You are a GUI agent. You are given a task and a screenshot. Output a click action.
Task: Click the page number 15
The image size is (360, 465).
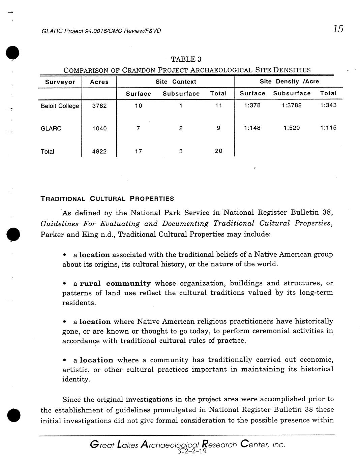click(338, 29)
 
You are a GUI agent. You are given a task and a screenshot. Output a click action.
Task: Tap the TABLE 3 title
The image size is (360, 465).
click(186, 60)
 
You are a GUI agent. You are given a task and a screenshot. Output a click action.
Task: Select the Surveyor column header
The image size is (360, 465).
click(60, 82)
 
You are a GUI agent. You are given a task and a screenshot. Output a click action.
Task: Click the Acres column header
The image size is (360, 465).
click(99, 82)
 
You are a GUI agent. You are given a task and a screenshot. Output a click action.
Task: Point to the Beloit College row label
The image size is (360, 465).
click(60, 106)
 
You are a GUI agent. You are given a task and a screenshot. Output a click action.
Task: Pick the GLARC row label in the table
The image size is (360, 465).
click(51, 129)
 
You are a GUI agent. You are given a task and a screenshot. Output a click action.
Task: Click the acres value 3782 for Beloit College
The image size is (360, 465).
click(99, 106)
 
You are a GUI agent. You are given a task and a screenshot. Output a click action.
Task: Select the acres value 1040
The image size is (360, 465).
click(99, 128)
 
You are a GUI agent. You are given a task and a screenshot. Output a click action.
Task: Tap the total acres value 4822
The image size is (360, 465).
click(99, 152)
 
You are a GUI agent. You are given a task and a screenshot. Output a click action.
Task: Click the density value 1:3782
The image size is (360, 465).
click(292, 105)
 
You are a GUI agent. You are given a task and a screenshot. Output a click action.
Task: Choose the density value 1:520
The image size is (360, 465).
click(292, 128)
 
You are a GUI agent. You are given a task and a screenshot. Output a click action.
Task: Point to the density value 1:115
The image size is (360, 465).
click(328, 128)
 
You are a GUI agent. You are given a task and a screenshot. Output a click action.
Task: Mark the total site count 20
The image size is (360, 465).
click(218, 151)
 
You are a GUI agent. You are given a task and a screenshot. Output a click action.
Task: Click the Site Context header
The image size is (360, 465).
click(176, 82)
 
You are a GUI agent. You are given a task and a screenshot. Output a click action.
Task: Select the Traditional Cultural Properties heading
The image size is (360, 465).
click(107, 199)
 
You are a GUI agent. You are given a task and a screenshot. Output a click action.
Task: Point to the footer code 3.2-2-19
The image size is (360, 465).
click(191, 452)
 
